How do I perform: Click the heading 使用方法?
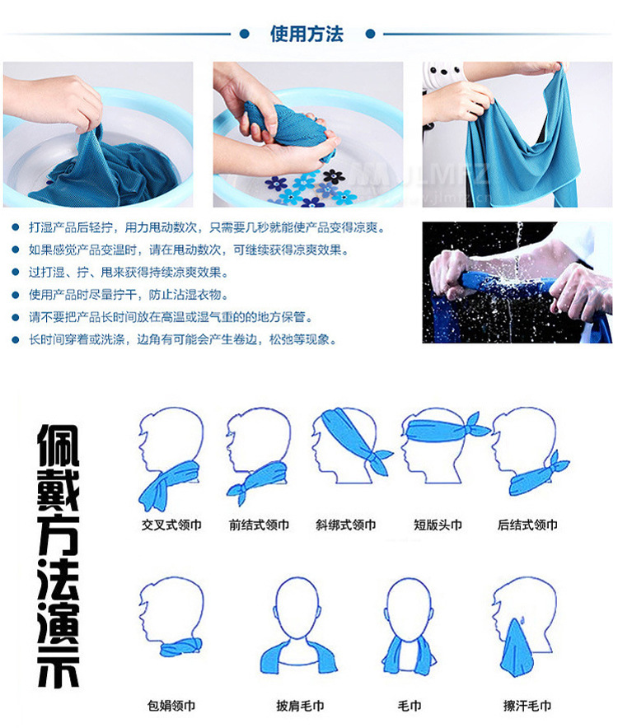coord(307,34)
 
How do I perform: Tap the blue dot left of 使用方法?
coord(244,34)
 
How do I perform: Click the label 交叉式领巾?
coord(171,525)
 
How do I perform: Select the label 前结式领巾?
coord(259,525)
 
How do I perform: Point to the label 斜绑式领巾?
coord(346,525)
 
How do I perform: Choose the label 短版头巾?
coord(438,525)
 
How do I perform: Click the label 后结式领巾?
coord(527,525)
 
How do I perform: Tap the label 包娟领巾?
coord(171,706)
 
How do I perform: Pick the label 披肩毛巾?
coord(300,706)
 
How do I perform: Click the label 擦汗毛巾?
coord(527,706)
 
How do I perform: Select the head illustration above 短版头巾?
coord(442,446)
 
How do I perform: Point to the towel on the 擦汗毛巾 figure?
coord(517,647)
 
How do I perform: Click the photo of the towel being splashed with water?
coord(517,282)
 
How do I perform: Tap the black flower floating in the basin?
coord(333,176)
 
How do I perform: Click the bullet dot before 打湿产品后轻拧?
coord(16,227)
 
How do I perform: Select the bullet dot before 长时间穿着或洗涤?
coord(16,340)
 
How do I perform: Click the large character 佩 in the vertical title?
coord(58,446)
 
